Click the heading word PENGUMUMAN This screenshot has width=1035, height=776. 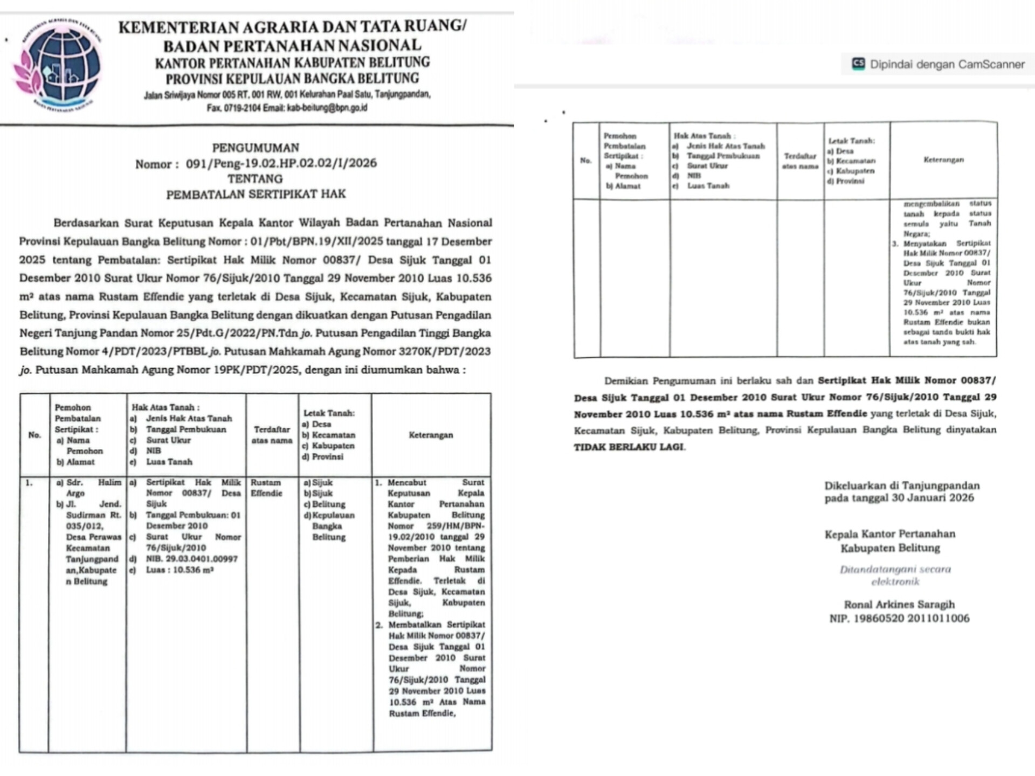(256, 148)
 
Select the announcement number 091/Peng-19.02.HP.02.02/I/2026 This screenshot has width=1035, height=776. (281, 163)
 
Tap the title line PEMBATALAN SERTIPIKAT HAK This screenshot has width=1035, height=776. (256, 194)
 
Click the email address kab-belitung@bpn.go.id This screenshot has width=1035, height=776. (327, 108)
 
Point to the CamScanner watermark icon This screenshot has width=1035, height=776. (858, 64)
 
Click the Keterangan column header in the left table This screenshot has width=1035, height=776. (431, 435)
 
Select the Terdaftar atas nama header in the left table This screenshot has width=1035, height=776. (272, 435)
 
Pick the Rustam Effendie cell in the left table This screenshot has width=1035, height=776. (266, 488)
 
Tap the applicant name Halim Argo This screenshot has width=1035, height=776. (89, 488)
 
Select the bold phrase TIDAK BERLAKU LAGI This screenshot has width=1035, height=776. (629, 447)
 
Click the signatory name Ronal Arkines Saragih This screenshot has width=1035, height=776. (899, 605)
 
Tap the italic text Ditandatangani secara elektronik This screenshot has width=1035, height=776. (895, 576)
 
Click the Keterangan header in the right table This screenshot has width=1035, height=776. (943, 160)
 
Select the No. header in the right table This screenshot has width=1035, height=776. (586, 161)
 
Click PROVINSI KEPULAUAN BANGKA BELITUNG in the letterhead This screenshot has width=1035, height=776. (292, 79)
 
